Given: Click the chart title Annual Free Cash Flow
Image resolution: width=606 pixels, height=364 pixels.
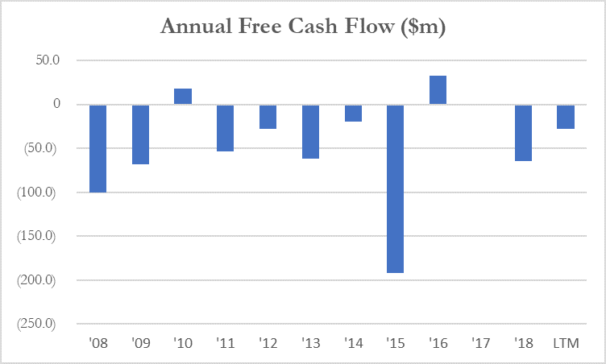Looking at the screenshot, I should click(303, 27).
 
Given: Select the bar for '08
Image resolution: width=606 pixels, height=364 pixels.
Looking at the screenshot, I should click(98, 148).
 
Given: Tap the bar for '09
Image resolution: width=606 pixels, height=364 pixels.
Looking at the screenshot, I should click(140, 134).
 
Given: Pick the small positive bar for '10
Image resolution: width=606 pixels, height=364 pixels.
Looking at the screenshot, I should click(183, 97).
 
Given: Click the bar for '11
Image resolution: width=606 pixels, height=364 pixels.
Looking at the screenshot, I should click(225, 128).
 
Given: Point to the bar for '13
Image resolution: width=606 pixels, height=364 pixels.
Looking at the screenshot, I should click(310, 131).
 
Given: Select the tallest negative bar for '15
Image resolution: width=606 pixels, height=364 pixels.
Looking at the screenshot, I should click(395, 188).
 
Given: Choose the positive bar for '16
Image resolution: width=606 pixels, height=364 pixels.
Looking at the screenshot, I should click(438, 90).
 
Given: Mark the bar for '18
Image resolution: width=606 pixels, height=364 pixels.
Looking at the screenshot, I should click(523, 133).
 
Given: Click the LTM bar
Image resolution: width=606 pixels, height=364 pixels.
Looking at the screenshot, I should click(566, 117).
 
